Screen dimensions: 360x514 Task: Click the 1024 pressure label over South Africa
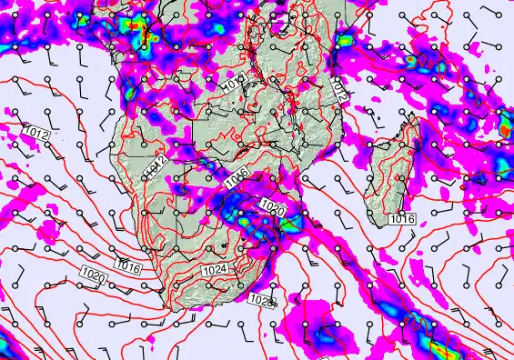215,270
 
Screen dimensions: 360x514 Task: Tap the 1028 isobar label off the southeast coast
261,300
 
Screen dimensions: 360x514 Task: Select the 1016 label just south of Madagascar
402,219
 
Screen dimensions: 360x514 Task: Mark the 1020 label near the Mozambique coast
272,208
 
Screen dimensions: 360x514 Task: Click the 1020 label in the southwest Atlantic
92,274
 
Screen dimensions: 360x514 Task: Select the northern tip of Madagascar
416,118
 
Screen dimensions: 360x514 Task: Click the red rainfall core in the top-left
134,26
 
